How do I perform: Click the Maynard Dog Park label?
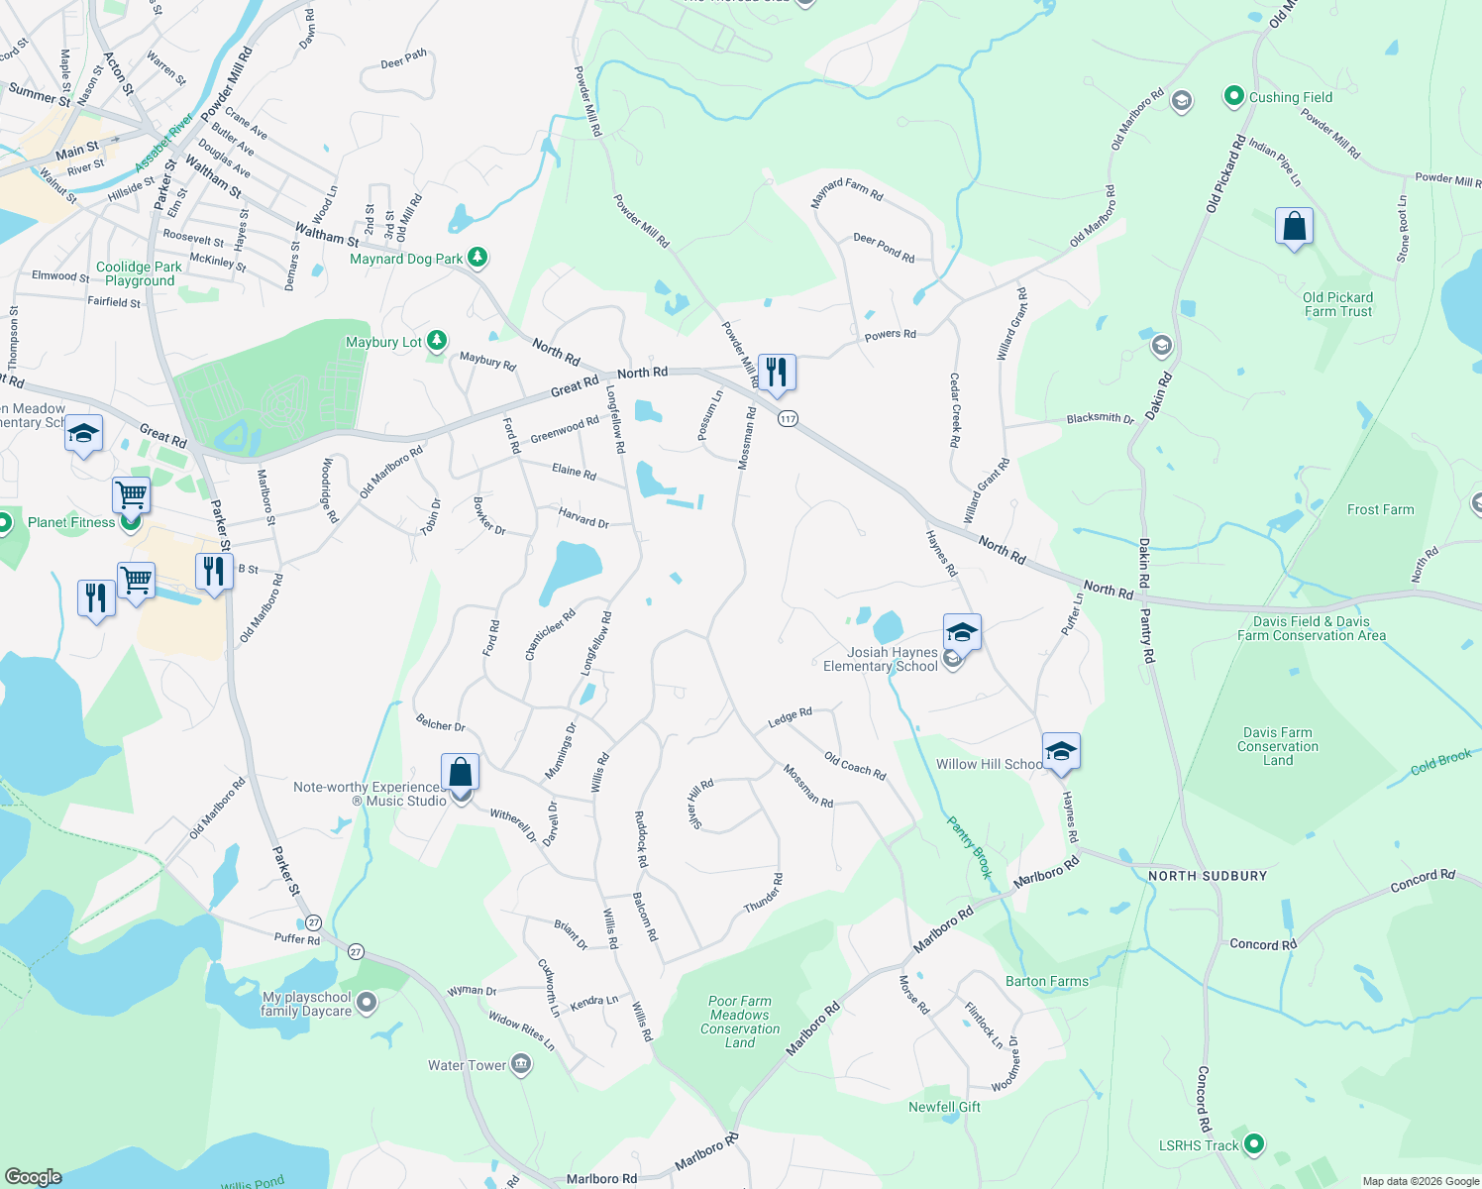(406, 259)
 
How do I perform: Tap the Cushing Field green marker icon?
(1233, 96)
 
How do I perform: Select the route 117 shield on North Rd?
(788, 419)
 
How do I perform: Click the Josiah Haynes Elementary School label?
(880, 659)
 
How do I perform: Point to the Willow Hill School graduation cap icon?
(1060, 751)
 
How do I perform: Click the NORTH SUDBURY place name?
(1208, 876)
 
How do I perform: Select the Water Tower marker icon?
(521, 1065)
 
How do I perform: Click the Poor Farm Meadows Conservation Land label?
(740, 1022)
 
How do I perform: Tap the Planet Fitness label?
(71, 522)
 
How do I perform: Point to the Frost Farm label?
(1380, 509)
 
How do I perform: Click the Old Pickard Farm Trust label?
(1337, 304)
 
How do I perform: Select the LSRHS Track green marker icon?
(1253, 1144)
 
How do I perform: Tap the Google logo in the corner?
(34, 1176)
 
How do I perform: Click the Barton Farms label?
(1046, 981)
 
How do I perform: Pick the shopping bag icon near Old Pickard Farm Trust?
(1294, 227)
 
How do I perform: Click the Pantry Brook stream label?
(969, 847)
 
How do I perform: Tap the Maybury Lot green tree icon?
(436, 342)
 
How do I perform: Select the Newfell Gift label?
(944, 1107)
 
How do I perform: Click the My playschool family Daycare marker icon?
(367, 1004)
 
